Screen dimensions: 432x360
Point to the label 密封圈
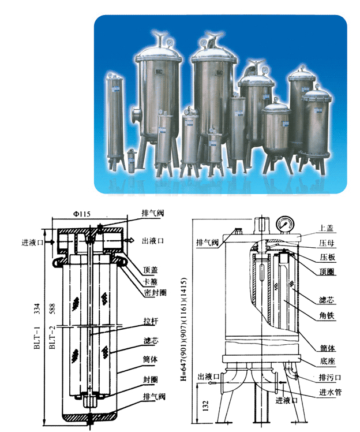click(155, 293)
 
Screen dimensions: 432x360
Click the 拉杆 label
click(151, 321)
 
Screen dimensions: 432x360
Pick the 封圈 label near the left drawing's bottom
click(151, 379)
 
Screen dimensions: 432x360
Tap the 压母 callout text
click(327, 243)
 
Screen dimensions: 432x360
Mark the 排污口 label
click(330, 377)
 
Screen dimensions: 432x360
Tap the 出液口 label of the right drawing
click(207, 377)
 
